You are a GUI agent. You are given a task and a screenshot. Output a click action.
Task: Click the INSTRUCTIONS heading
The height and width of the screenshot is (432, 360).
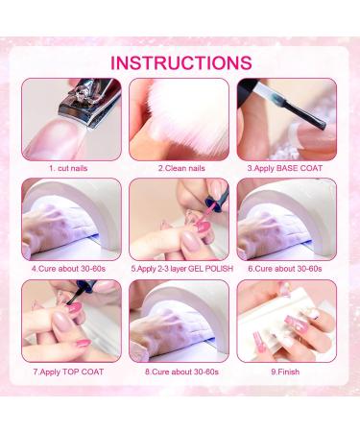(181, 62)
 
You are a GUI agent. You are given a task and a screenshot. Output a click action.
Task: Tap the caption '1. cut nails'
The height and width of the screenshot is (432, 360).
(68, 168)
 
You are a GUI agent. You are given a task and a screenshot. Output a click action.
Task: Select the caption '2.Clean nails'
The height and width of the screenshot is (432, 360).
(181, 168)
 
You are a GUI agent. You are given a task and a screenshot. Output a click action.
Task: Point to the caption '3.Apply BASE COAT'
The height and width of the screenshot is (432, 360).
(285, 168)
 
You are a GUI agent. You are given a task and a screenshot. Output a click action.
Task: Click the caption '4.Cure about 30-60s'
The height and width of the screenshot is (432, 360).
(68, 269)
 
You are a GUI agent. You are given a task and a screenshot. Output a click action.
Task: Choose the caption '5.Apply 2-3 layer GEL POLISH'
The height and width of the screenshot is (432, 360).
(181, 269)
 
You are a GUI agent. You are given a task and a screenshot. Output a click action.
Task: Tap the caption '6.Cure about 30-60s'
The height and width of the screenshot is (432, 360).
(285, 269)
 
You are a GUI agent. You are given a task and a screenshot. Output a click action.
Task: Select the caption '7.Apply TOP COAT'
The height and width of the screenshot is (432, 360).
(68, 372)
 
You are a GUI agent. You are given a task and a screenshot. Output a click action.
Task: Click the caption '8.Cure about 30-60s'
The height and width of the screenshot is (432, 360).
(181, 372)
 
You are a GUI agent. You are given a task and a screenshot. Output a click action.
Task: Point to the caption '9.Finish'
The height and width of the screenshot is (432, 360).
(285, 372)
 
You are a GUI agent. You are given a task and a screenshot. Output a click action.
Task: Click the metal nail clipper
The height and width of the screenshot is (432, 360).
(90, 103)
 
